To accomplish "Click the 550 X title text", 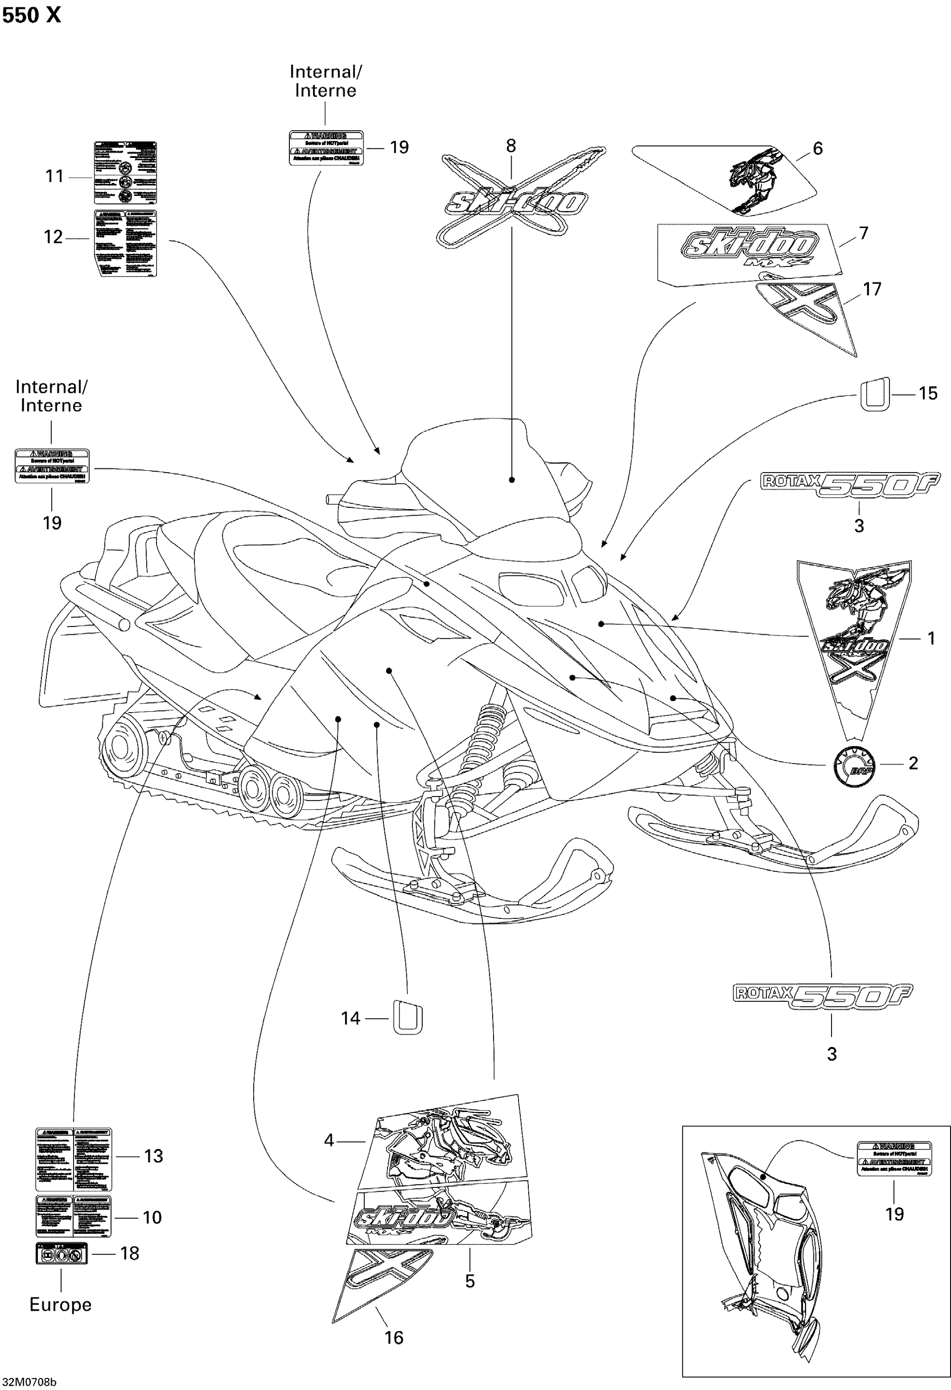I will click(31, 16).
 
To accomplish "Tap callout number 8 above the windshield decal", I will click(511, 145).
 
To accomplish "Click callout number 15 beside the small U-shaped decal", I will click(928, 393).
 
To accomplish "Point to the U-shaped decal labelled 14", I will click(407, 1018).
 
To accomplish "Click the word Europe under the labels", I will click(60, 1304).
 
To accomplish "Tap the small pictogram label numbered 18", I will click(62, 1253).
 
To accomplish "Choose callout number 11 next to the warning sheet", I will click(54, 176).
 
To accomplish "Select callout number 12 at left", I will click(53, 237).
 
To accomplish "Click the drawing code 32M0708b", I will click(29, 1382).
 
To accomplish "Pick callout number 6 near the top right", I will click(817, 148).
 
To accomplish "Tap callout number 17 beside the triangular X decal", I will click(872, 290).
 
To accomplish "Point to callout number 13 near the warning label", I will click(154, 1156).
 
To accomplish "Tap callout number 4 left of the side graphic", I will click(329, 1141).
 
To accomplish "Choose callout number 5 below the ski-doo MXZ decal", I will click(470, 1281).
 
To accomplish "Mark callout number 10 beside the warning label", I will click(152, 1217).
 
